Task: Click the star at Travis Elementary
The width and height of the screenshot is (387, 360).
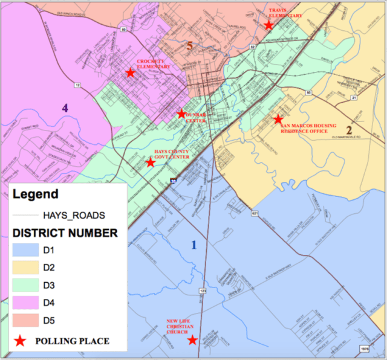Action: point(268,25)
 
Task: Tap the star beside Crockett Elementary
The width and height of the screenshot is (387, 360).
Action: point(130,73)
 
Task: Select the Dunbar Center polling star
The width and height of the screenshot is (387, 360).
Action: point(181,114)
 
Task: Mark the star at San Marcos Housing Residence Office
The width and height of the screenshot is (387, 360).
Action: point(278,120)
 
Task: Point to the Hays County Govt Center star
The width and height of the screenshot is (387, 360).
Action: point(151,162)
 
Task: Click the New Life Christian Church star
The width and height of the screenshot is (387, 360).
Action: point(192,340)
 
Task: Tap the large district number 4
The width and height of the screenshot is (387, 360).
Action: point(65,108)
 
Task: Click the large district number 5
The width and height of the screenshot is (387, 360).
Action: point(189,45)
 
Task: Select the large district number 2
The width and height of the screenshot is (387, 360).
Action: point(349,129)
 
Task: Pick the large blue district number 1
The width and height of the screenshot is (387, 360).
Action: point(193,245)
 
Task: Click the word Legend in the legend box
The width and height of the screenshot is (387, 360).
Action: point(36,194)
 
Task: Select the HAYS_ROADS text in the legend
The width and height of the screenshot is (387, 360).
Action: point(74,215)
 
